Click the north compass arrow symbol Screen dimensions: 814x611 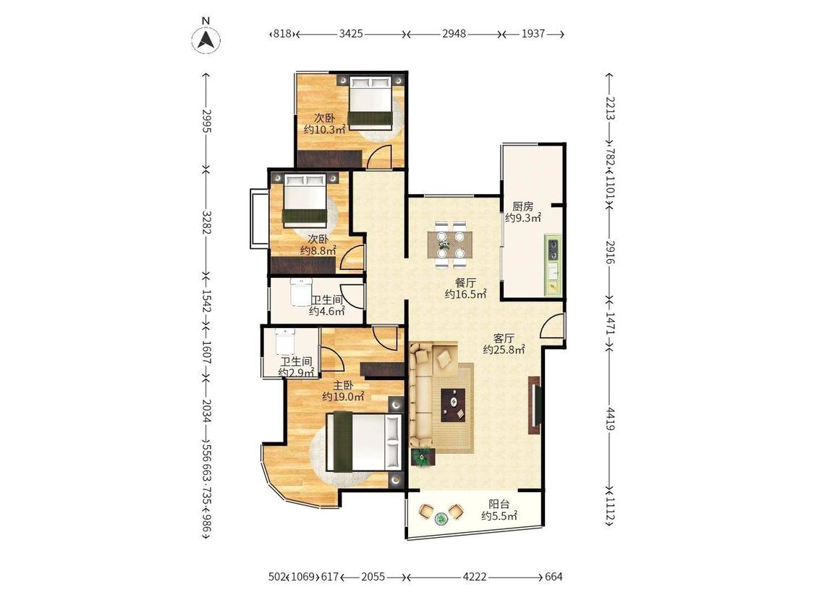tap(206, 40)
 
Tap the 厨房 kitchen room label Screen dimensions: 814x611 tap(522, 206)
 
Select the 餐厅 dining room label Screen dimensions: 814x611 tap(465, 283)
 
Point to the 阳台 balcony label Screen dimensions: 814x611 tap(499, 504)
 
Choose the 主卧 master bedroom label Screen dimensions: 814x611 tap(343, 385)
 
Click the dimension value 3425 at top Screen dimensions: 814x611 tap(351, 34)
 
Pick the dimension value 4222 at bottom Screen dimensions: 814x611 tap(475, 577)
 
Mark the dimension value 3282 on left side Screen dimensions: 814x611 tap(207, 222)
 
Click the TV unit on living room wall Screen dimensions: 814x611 tap(535, 405)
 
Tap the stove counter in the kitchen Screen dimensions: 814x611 tap(552, 266)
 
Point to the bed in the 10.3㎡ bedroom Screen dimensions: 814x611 tap(370, 102)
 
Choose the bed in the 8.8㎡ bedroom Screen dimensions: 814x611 tap(305, 201)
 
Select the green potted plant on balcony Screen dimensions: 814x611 tap(441, 518)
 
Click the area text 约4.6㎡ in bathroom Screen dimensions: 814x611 tap(327, 311)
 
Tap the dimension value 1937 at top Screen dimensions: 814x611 tap(533, 34)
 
